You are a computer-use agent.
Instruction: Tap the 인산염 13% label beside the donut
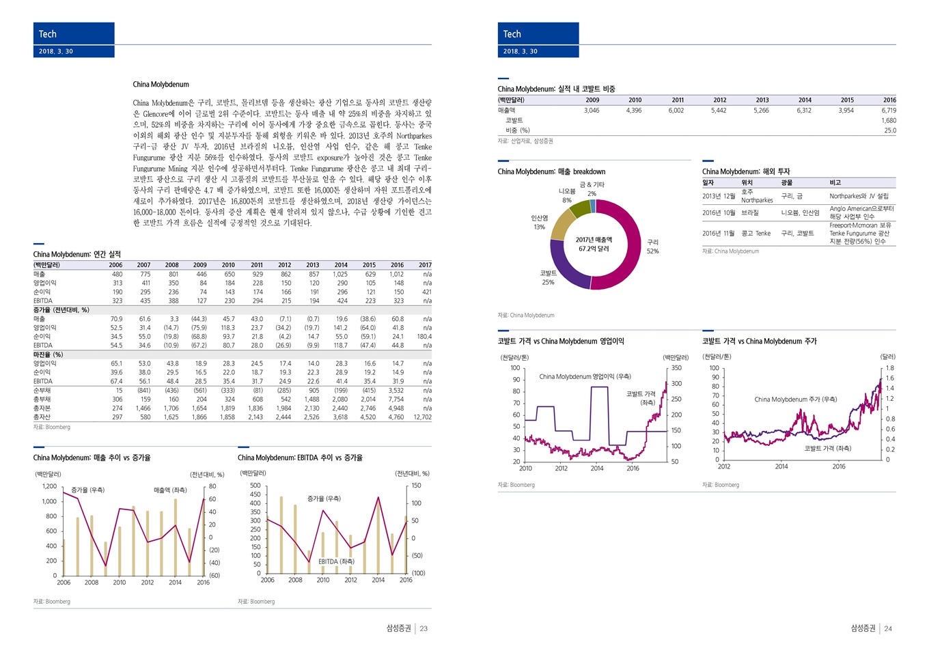pos(540,223)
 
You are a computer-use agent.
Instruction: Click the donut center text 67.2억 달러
pos(594,249)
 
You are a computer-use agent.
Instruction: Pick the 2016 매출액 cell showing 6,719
pos(889,110)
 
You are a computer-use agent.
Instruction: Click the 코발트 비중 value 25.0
pos(890,130)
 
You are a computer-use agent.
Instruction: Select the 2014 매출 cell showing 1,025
pos(340,274)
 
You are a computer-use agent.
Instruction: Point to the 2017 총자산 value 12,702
pos(422,417)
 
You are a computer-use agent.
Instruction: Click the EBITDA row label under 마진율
pos(43,381)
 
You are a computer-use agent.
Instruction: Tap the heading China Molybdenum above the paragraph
pos(161,85)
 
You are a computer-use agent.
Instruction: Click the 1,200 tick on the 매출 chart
pos(49,486)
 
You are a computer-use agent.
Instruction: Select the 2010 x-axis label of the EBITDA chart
pos(323,580)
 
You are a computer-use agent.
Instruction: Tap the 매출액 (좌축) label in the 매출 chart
pos(170,490)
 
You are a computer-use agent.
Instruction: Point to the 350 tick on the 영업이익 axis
pos(676,368)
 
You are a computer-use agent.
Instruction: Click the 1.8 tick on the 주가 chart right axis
pos(890,368)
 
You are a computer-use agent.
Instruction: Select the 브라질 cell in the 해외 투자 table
pos(750,213)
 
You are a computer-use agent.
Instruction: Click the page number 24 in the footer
pos(888,628)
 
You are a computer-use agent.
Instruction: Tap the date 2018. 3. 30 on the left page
pos(56,51)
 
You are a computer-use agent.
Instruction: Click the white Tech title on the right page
pos(512,34)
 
